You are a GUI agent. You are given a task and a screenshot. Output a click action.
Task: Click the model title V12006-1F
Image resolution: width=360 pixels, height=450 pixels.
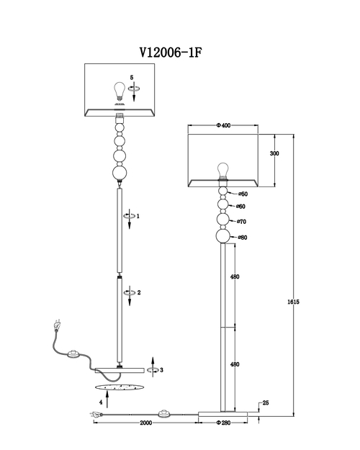(x=171, y=53)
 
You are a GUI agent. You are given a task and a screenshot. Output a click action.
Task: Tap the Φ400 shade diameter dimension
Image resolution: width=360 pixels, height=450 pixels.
(x=223, y=125)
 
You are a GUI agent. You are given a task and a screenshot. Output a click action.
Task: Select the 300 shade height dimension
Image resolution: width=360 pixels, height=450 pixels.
(x=274, y=153)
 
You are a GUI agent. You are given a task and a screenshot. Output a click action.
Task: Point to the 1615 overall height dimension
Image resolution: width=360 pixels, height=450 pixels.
(x=293, y=302)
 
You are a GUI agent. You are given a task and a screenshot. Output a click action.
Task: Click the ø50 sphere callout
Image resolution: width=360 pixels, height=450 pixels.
(x=243, y=194)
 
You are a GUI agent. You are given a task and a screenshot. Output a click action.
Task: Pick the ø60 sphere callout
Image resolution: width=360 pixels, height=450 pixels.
(x=241, y=207)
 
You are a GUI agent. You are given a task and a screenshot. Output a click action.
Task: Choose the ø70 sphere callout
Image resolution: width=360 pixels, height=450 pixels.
(x=241, y=222)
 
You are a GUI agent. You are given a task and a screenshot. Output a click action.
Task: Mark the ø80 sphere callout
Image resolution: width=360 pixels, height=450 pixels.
(x=243, y=238)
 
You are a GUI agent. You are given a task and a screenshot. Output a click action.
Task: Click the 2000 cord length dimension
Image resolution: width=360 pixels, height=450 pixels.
(x=146, y=423)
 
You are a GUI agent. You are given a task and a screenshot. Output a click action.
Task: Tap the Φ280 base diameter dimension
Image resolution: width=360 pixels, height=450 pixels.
(x=223, y=423)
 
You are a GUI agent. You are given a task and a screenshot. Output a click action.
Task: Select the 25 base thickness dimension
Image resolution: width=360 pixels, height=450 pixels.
(x=266, y=403)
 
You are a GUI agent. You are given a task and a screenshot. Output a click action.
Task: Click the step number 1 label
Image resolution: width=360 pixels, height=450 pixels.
(x=138, y=216)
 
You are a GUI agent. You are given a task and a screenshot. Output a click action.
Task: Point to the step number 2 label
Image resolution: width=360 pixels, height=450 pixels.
(x=139, y=293)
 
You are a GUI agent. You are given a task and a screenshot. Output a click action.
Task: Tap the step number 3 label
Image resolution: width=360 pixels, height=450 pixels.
(x=161, y=370)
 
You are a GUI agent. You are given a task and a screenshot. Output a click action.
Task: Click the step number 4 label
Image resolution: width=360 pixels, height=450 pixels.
(x=101, y=402)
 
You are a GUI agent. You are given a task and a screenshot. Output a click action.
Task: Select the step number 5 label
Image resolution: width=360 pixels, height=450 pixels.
(x=132, y=78)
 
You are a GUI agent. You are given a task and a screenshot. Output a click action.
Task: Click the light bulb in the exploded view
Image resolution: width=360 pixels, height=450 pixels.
(x=119, y=91)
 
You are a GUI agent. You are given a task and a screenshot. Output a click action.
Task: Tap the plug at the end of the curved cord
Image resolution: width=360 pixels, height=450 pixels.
(x=57, y=325)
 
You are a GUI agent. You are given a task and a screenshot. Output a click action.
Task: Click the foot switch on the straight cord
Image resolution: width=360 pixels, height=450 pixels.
(x=165, y=414)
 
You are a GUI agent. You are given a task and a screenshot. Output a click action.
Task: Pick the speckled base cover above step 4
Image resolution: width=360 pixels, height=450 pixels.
(x=120, y=387)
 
